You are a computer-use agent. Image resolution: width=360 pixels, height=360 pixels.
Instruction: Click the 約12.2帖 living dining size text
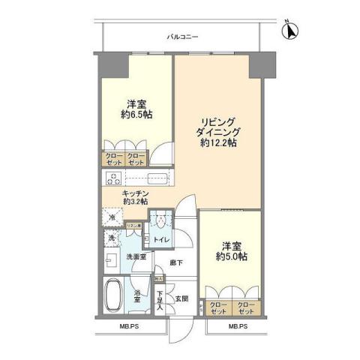217,143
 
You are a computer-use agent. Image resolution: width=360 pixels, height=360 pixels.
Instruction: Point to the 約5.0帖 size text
232,256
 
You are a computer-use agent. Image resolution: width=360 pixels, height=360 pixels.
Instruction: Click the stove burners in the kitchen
114,178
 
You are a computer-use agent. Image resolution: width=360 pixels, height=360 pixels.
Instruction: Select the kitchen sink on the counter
157,178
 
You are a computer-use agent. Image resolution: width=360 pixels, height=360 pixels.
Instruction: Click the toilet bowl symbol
160,223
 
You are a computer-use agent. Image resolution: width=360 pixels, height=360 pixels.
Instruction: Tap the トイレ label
161,241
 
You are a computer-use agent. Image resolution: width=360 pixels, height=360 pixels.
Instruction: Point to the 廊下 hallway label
176,262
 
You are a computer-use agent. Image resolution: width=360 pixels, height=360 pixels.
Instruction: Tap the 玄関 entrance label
182,298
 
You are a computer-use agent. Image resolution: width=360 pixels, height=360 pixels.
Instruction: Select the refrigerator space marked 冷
112,219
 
